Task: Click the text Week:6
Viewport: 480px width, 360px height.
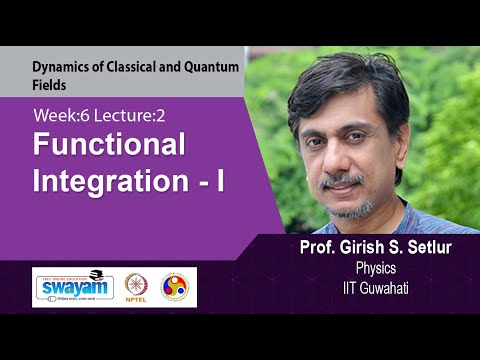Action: click(59, 116)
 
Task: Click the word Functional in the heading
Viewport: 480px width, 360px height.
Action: click(110, 146)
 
